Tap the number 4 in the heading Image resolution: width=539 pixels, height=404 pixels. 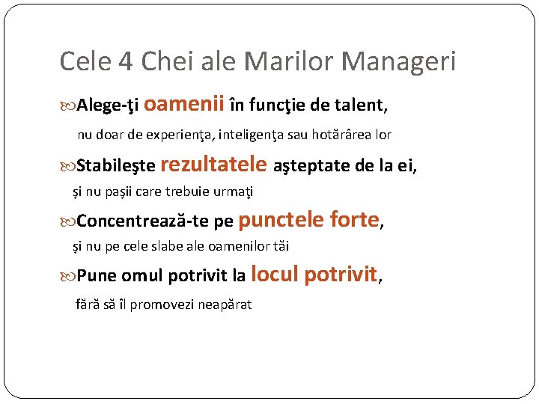pyautogui.click(x=124, y=61)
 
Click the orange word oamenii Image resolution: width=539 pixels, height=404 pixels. pyautogui.click(x=183, y=105)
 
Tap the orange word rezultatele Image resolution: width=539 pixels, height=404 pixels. pyautogui.click(x=213, y=163)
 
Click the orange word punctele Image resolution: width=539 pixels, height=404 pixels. pyautogui.click(x=281, y=219)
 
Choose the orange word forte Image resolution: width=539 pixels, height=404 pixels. pyautogui.click(x=356, y=219)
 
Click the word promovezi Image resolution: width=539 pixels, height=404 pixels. pyautogui.click(x=161, y=304)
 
